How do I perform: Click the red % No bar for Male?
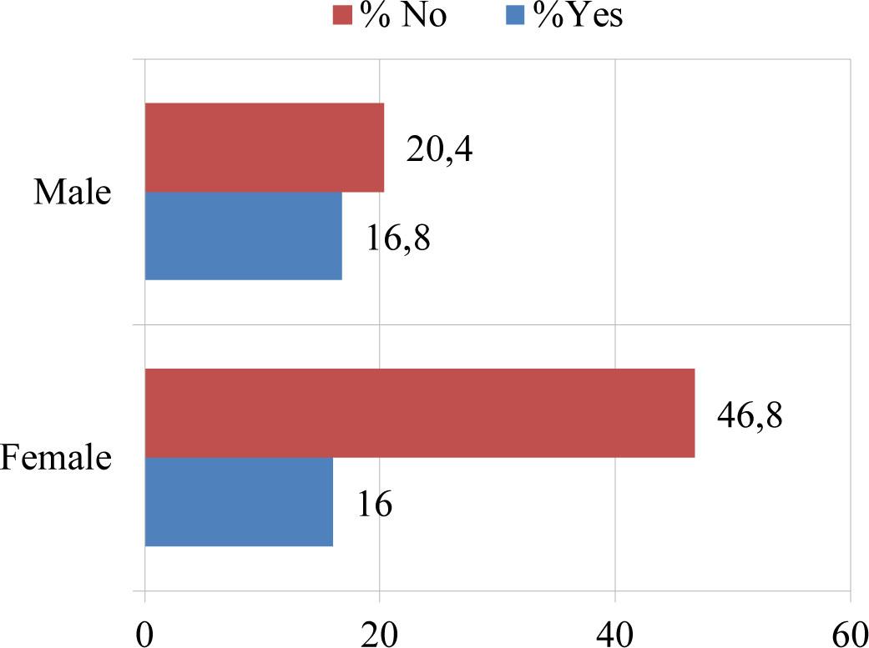pyautogui.click(x=264, y=148)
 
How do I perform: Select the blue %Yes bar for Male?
pyautogui.click(x=243, y=236)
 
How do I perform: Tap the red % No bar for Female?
pyautogui.click(x=419, y=413)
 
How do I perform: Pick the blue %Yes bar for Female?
pyautogui.click(x=239, y=501)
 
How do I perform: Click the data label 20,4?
pyautogui.click(x=440, y=151)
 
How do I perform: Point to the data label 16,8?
pyautogui.click(x=397, y=238)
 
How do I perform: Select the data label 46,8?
pyautogui.click(x=750, y=414)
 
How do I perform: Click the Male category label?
pyautogui.click(x=72, y=193)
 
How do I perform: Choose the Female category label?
pyautogui.click(x=56, y=458)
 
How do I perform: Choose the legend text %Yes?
pyautogui.click(x=574, y=16)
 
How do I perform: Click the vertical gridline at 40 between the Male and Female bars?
pyautogui.click(x=615, y=325)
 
